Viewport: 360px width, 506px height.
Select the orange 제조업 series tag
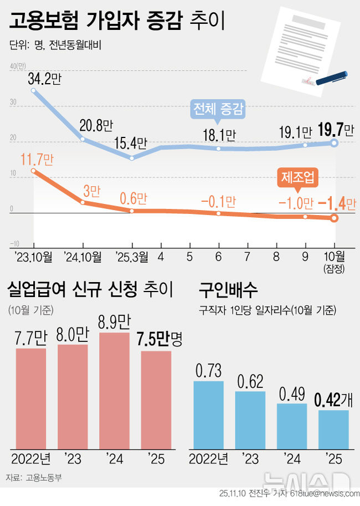tap(297, 177)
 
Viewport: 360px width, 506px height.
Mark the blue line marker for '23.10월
tap(34, 90)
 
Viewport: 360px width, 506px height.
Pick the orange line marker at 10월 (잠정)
tap(334, 218)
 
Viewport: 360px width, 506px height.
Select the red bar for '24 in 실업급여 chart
tap(115, 390)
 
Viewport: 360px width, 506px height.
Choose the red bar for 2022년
tap(30, 398)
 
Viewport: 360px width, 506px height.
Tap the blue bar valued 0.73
tap(208, 415)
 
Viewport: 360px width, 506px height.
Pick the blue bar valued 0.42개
tap(333, 429)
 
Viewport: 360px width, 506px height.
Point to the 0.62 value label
tap(250, 381)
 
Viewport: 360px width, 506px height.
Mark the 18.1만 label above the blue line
tap(219, 135)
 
